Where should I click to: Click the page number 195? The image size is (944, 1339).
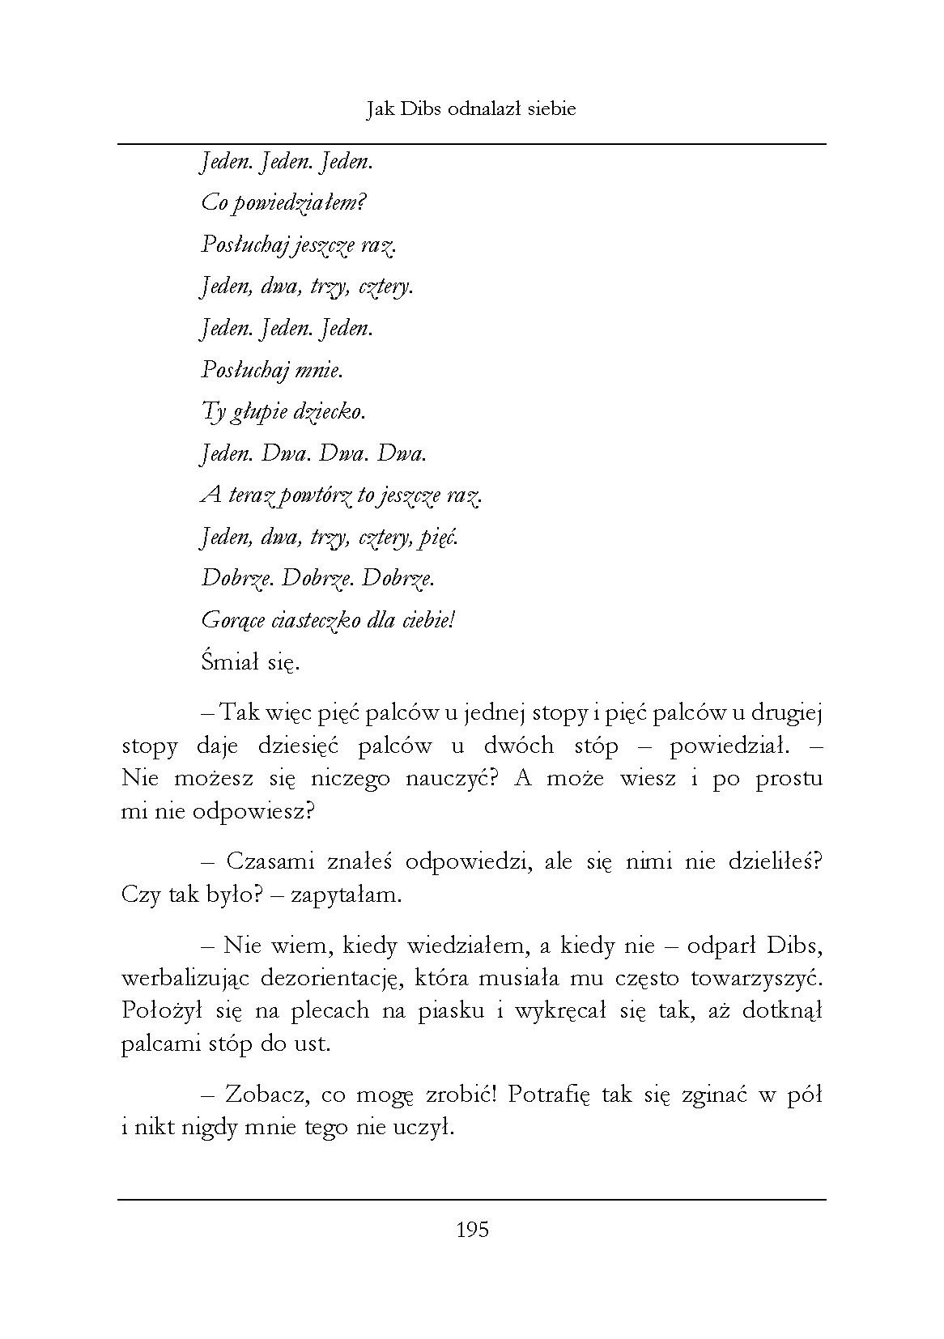(473, 1231)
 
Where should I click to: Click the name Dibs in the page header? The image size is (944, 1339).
(421, 109)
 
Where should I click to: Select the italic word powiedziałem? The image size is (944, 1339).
(299, 202)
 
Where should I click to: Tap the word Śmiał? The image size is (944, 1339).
(229, 663)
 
